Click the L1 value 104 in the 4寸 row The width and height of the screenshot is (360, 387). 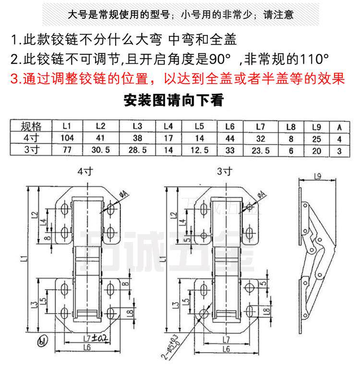click(x=67, y=139)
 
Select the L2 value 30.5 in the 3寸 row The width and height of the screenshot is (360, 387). click(x=100, y=150)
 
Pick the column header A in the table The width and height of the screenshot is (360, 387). click(x=339, y=127)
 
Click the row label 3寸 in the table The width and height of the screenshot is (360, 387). click(x=32, y=150)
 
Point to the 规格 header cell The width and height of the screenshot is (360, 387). click(x=32, y=127)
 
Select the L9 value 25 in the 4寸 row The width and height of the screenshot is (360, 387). click(x=316, y=139)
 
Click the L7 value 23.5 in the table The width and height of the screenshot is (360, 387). click(x=261, y=150)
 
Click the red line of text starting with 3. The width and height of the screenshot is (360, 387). click(x=177, y=78)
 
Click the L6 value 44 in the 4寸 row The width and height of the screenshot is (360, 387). click(x=229, y=139)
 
